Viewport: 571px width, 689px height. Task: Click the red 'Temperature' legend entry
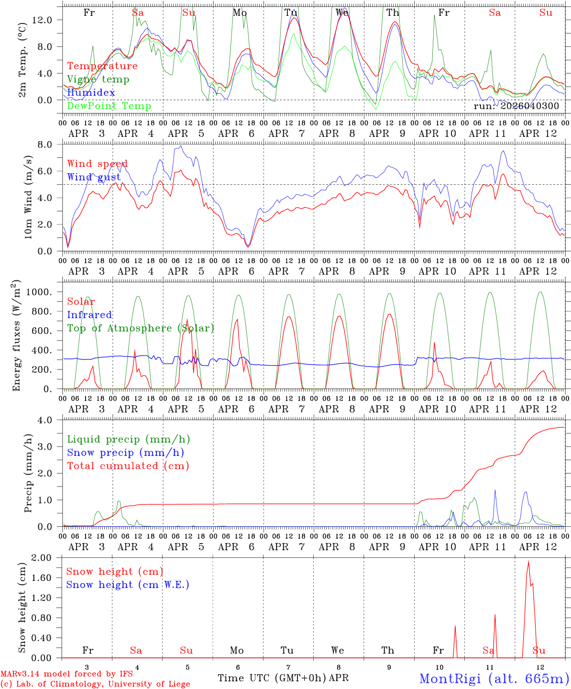click(102, 66)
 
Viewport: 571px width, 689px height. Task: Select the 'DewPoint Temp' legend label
click(109, 106)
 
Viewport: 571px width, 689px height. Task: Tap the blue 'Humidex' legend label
click(91, 93)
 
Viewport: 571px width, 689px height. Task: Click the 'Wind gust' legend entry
click(98, 178)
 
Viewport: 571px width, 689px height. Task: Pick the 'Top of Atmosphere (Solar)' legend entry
click(141, 328)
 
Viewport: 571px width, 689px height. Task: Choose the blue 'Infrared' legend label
click(89, 315)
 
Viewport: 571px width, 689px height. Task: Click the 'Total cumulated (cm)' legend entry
click(128, 466)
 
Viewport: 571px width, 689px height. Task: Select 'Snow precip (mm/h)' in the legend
click(125, 453)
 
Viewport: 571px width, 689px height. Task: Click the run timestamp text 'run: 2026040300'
click(516, 106)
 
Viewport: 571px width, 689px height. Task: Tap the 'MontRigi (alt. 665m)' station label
click(494, 678)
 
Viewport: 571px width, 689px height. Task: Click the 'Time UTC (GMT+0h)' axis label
click(272, 678)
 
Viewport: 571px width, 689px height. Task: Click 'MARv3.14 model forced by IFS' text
click(66, 674)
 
